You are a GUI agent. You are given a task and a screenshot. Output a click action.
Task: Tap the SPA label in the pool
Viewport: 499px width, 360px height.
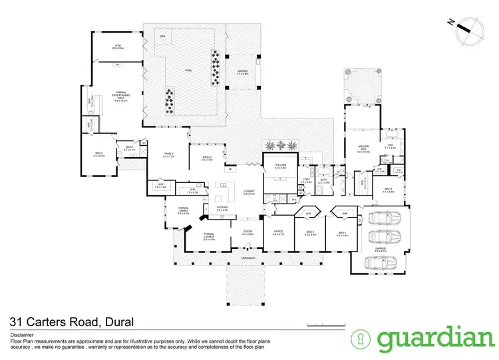point(162,36)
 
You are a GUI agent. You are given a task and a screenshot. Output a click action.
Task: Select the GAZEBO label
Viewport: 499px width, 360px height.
point(242,71)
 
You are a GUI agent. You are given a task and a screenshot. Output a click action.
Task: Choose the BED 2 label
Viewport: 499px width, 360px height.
point(99,155)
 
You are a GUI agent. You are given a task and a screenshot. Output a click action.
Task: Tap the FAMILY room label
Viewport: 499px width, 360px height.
point(169,155)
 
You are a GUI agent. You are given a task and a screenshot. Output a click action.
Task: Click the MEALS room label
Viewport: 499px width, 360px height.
point(207,158)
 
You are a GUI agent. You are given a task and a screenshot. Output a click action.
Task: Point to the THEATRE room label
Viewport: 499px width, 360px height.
point(279,166)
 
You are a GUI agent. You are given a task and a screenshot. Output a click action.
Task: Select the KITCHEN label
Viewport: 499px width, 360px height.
point(223,208)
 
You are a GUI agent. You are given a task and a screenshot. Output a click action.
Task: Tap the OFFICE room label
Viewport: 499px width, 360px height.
point(279,234)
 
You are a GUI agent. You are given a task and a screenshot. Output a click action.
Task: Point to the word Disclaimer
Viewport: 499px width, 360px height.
point(23,334)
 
